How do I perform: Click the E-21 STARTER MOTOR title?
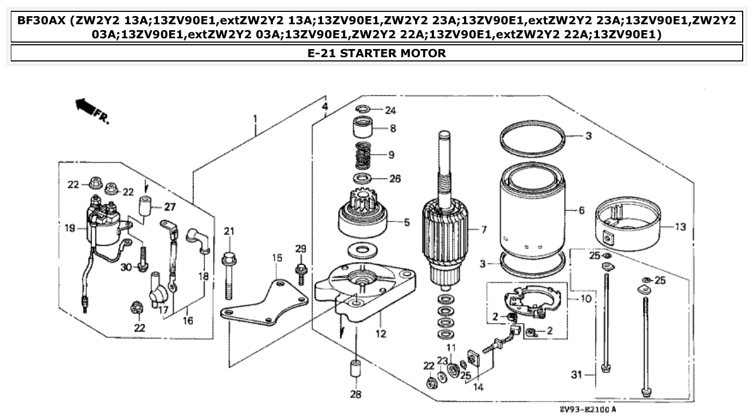tap(377, 53)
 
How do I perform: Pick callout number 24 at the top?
tap(390, 110)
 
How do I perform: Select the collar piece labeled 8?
tap(365, 129)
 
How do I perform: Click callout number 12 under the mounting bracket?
tap(381, 334)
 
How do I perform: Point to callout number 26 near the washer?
tap(395, 178)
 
